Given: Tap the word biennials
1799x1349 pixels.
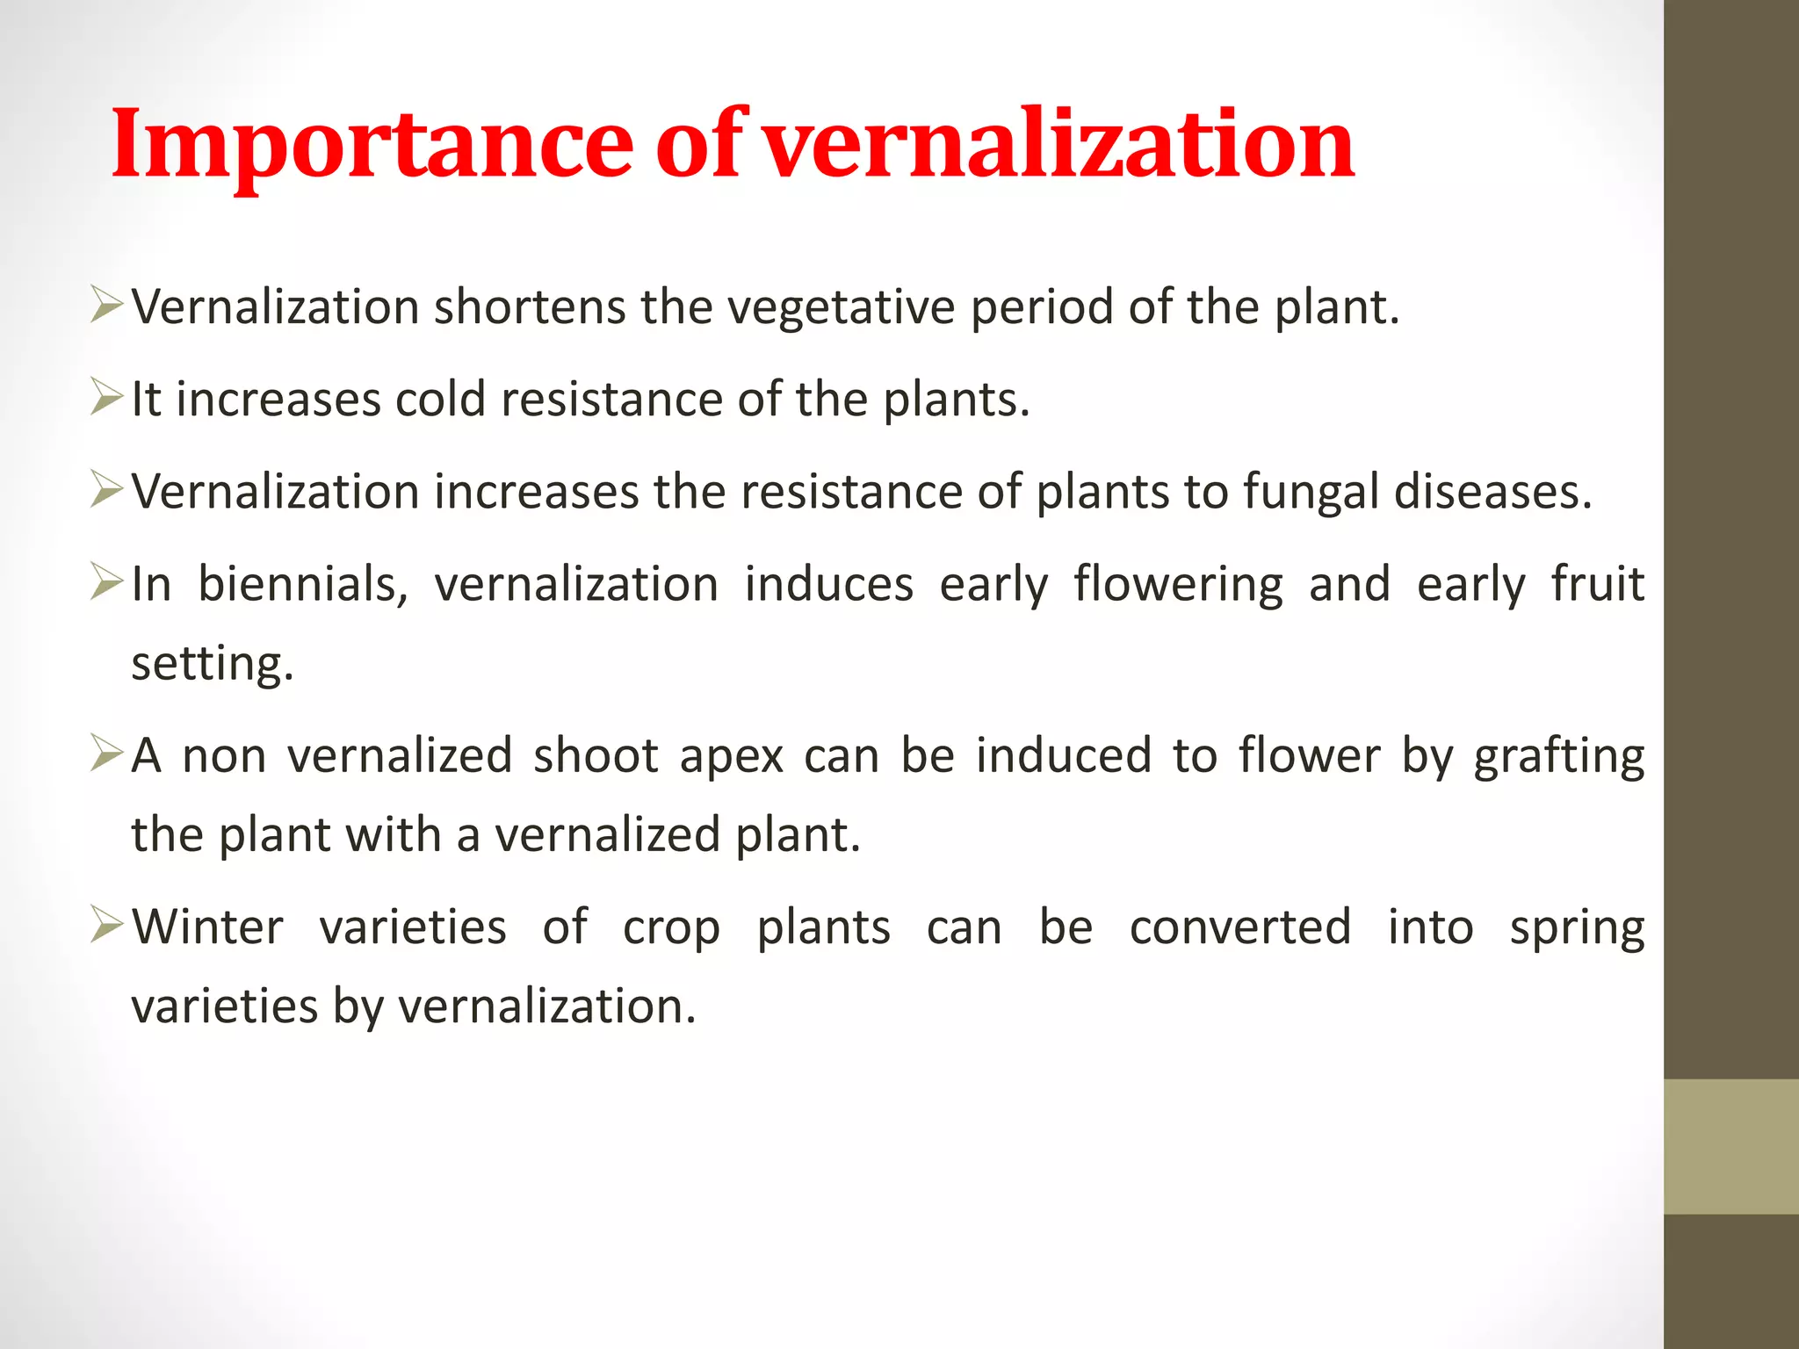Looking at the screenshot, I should (303, 584).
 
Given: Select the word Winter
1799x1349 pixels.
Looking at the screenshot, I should (208, 927).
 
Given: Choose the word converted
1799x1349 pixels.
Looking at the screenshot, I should (1239, 927).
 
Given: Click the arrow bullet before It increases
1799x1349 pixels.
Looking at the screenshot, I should (106, 398).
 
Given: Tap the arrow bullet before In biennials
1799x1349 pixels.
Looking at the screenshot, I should (106, 581).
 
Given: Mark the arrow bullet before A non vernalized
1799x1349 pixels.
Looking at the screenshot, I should (106, 754).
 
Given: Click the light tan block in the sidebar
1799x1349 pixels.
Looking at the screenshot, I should (1730, 1146).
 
